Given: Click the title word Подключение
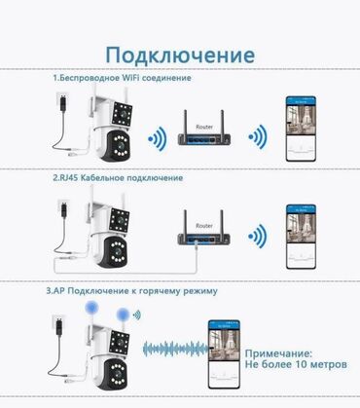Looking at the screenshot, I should [180, 52].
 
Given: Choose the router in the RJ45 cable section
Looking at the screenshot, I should [203, 234].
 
